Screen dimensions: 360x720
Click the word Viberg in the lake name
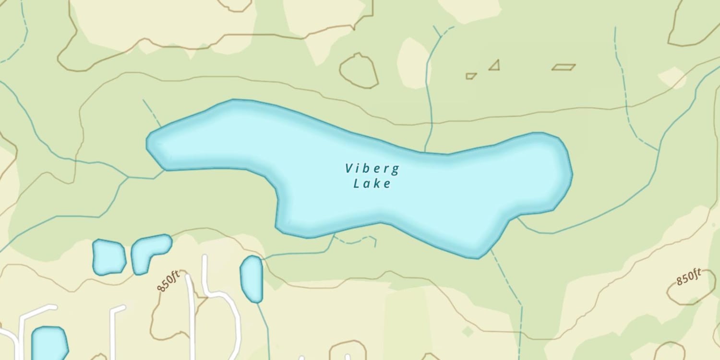(x=372, y=168)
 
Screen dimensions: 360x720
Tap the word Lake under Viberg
(x=372, y=183)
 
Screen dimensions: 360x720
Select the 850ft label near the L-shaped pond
(x=168, y=281)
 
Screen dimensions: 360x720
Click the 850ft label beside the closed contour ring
(x=689, y=277)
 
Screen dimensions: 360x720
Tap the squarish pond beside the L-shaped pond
(x=108, y=257)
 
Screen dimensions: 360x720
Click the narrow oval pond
(x=252, y=279)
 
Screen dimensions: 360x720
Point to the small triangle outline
(x=495, y=66)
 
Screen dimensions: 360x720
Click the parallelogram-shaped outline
(x=564, y=67)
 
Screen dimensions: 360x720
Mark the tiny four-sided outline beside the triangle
(x=471, y=76)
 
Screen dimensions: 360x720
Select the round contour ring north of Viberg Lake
(x=359, y=71)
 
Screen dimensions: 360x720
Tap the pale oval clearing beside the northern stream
(x=413, y=62)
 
